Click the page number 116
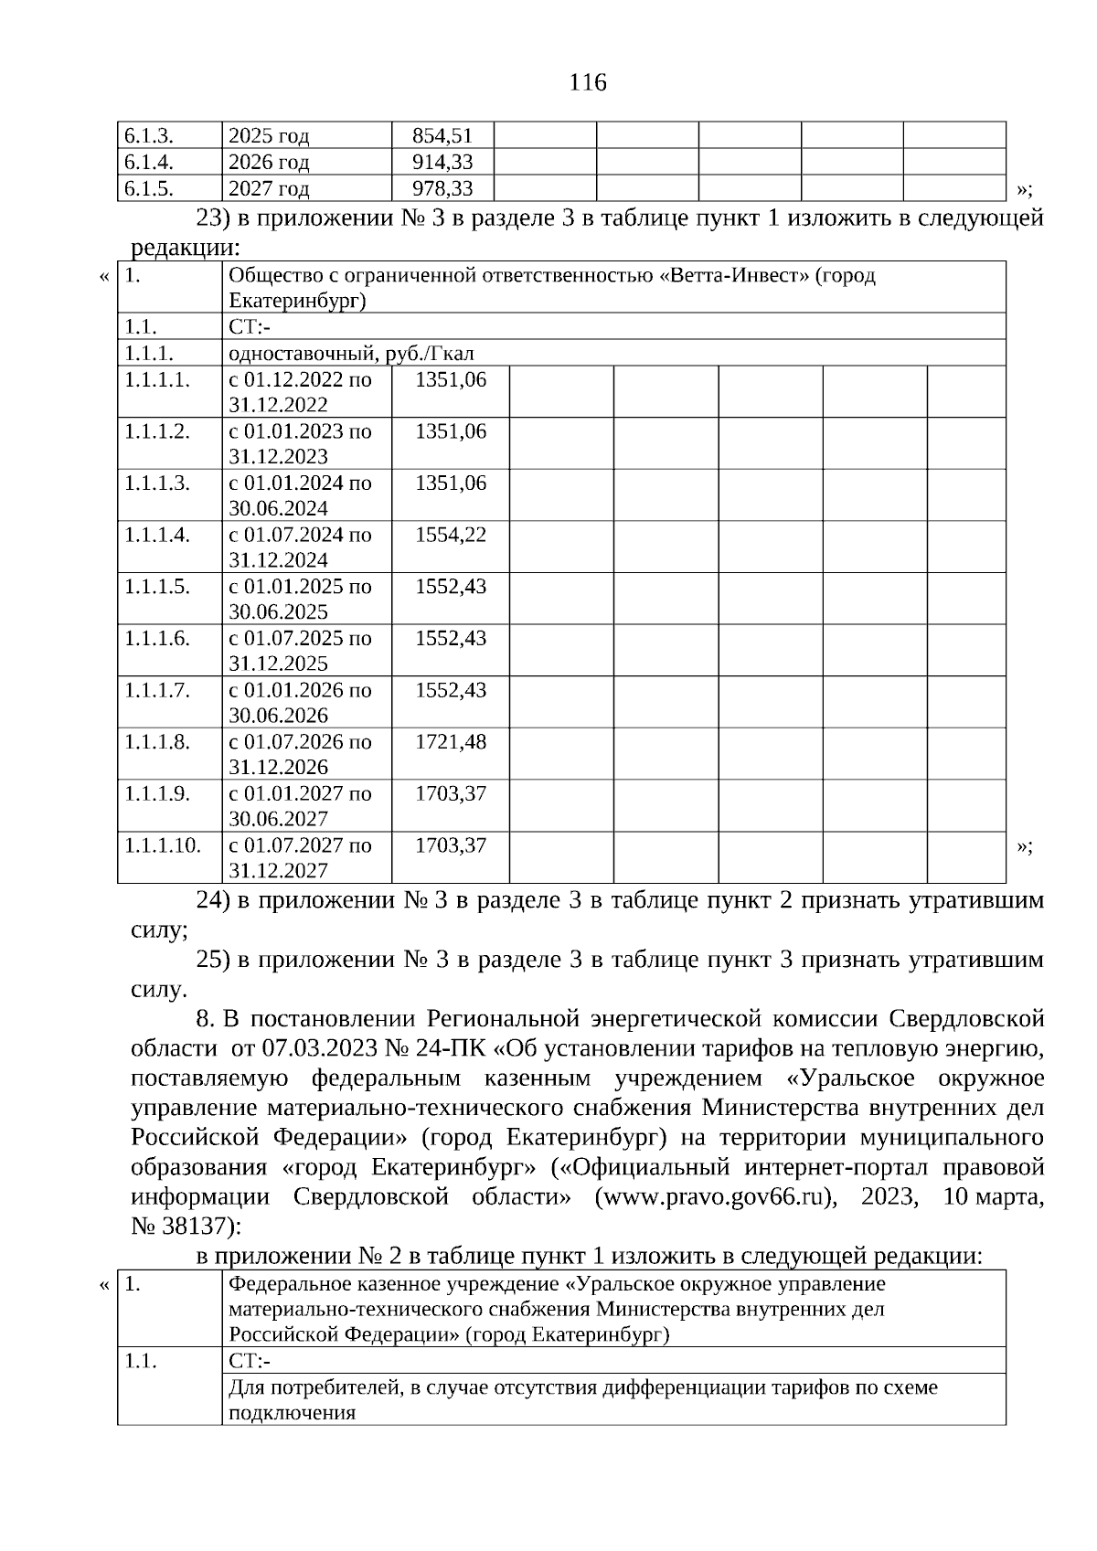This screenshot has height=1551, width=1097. [587, 83]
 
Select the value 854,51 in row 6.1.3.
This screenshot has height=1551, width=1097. [442, 136]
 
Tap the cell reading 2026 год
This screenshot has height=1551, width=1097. [269, 163]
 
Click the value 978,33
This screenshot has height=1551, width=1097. [442, 189]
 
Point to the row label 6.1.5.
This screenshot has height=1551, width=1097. [149, 189]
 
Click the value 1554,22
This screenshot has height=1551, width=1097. [451, 535]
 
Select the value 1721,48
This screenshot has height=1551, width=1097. [451, 742]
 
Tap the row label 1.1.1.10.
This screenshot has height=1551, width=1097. [163, 845]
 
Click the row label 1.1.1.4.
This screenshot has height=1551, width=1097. [157, 535]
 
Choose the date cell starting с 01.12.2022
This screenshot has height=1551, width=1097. [300, 392]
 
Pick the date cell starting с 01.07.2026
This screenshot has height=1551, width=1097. [300, 754]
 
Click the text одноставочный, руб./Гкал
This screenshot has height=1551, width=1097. [351, 354]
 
